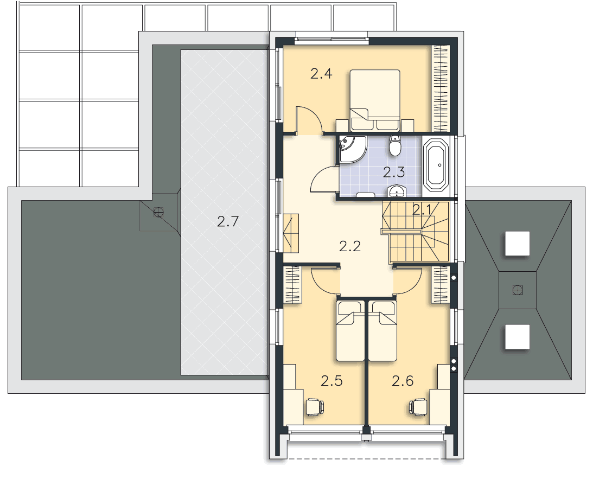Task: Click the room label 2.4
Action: tap(321, 73)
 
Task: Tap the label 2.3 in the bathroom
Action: tap(394, 173)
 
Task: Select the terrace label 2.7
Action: tap(228, 221)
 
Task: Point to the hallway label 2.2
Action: tap(350, 246)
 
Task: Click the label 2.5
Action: tap(331, 381)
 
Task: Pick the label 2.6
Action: tap(403, 381)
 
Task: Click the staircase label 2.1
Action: tap(422, 210)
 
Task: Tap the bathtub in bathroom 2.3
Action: tap(437, 165)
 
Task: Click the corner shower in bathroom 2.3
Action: tap(352, 149)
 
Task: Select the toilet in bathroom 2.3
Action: tap(395, 145)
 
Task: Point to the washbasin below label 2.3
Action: tap(397, 191)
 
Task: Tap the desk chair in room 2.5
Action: tap(315, 407)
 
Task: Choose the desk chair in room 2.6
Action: tap(419, 407)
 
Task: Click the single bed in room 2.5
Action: tap(350, 331)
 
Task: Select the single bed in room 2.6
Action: tap(382, 331)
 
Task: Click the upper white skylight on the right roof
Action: tap(518, 244)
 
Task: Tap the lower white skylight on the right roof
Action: tap(518, 337)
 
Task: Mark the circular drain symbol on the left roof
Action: tap(158, 213)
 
